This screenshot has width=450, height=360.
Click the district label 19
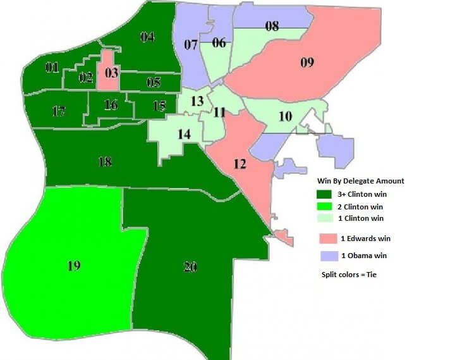[x=74, y=266]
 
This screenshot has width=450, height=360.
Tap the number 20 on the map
[x=190, y=267]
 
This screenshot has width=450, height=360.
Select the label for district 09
[x=307, y=62]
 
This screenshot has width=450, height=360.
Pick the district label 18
[x=105, y=161]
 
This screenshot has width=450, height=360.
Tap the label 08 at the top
[x=272, y=27]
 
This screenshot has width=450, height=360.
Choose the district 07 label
[x=191, y=44]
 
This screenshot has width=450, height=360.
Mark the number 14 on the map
[x=184, y=134]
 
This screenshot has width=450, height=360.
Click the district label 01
[x=52, y=67]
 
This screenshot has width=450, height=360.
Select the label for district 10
[x=285, y=117]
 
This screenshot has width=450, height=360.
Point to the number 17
[x=59, y=112]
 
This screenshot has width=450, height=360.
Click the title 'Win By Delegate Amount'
[x=361, y=181]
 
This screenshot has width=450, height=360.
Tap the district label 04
[x=147, y=37]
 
